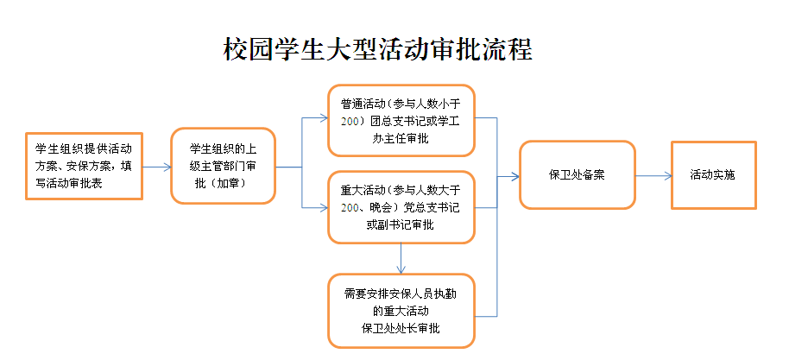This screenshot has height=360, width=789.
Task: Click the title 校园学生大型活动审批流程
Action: tap(378, 49)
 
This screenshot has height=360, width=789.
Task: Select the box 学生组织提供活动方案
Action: tap(84, 166)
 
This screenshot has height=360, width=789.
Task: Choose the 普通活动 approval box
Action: tap(401, 120)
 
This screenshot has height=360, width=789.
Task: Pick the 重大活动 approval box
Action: tap(401, 206)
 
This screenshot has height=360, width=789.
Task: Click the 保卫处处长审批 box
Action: tap(401, 310)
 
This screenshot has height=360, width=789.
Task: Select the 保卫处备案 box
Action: tap(577, 175)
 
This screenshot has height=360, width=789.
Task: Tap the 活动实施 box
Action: tap(713, 175)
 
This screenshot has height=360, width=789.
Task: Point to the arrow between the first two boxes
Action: tap(156, 167)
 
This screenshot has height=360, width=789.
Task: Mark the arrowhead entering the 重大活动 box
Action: tap(322, 207)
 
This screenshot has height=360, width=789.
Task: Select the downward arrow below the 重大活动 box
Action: tap(401, 258)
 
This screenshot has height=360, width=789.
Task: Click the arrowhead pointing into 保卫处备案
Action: tap(514, 176)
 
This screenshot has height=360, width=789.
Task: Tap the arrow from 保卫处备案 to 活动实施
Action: tap(653, 176)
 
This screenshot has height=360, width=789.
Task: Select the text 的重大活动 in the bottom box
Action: tap(401, 310)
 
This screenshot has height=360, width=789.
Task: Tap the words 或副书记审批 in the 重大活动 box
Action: tap(401, 225)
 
